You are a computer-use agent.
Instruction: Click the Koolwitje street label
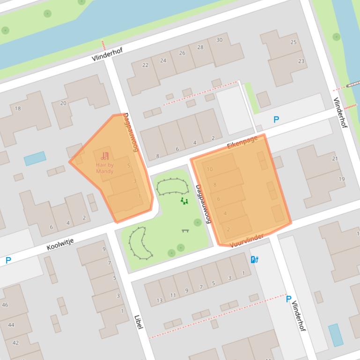[x=60, y=244]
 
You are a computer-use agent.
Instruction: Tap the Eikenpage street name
[x=242, y=143]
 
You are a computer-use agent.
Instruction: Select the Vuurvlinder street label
[x=247, y=240]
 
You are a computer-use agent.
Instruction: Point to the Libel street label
[x=139, y=322]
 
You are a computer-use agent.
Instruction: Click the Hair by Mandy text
[x=105, y=168]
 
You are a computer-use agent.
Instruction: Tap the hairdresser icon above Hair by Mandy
[x=105, y=156]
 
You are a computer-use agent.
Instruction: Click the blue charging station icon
[x=255, y=259]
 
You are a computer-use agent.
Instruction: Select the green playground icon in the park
[x=184, y=201]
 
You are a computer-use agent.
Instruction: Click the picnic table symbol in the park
[x=185, y=230]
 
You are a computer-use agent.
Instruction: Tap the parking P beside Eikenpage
[x=276, y=120]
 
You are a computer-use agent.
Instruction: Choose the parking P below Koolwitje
[x=8, y=260]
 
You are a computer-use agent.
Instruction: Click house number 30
[x=219, y=40]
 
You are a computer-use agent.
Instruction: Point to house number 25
[x=294, y=42]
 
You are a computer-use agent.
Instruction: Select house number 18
[x=18, y=108]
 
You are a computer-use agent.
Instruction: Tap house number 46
[x=5, y=305]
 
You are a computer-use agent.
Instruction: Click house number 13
[x=160, y=301]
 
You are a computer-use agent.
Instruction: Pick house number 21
[x=335, y=158]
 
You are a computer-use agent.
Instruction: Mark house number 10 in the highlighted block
[x=209, y=169]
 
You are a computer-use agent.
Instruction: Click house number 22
[x=145, y=65]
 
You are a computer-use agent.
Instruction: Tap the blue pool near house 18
[x=35, y=158]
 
